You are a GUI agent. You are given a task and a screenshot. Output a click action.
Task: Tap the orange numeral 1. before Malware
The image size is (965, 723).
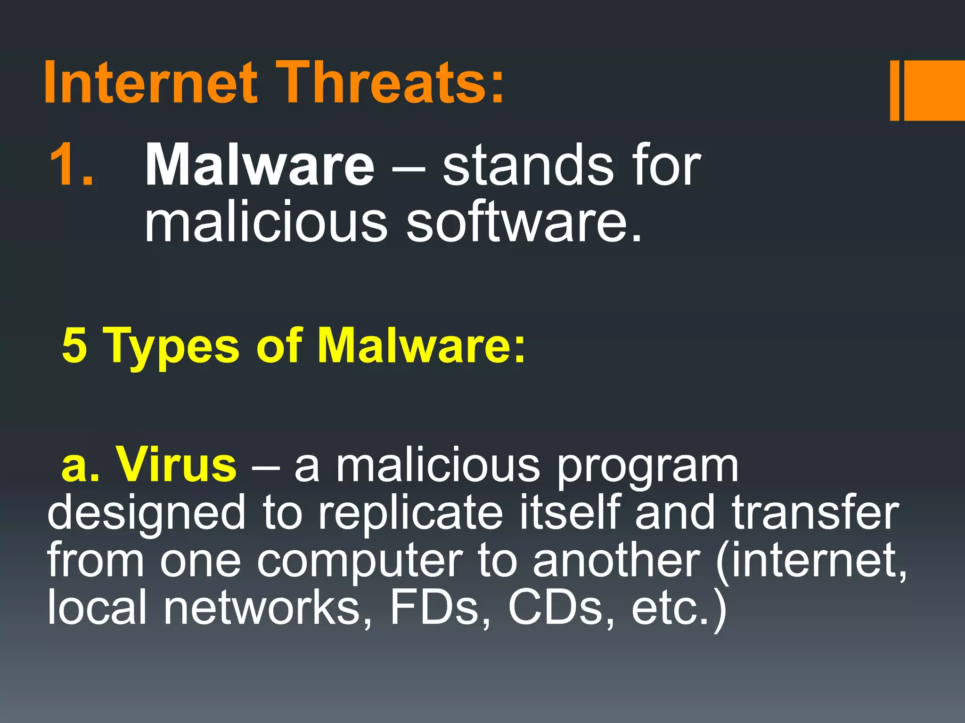point(71,165)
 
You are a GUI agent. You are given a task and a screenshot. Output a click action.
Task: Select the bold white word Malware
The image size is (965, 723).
point(260,165)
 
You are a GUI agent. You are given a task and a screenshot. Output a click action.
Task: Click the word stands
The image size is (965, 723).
point(528,165)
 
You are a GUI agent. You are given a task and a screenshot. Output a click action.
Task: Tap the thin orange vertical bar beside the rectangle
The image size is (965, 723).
point(894,90)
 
